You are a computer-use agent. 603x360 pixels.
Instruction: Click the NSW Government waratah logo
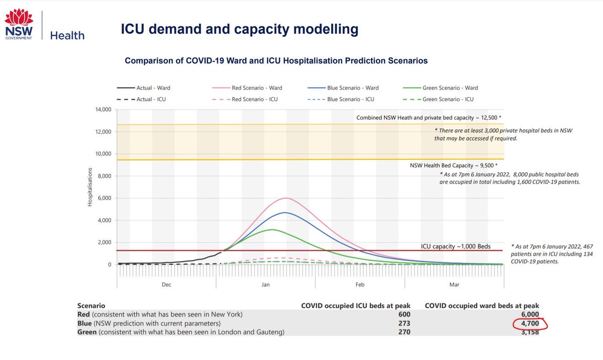19,24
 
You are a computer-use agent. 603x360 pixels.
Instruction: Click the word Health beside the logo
67,36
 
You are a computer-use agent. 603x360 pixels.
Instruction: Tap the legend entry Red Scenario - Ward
247,88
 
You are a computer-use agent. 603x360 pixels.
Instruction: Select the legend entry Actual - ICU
141,99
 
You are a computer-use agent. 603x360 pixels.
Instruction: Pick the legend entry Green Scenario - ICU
438,99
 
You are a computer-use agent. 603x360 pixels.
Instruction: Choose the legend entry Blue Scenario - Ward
343,88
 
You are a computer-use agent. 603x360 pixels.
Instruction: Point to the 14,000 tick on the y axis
103,109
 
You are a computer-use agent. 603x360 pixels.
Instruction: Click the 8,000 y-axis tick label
105,176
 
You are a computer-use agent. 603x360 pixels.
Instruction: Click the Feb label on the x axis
360,285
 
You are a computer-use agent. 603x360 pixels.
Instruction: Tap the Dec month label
166,285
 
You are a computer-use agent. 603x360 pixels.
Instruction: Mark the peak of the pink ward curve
286,198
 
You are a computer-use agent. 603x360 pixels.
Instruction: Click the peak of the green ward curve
272,230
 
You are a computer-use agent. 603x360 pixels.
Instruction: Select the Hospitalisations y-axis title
90,187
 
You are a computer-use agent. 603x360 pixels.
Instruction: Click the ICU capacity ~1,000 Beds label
456,246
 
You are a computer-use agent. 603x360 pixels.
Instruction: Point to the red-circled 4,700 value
530,323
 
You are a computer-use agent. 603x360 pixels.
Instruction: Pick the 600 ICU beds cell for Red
405,314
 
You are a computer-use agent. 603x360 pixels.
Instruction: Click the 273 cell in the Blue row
405,323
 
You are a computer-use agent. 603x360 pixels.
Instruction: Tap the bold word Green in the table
86,332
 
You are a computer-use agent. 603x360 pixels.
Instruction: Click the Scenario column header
91,306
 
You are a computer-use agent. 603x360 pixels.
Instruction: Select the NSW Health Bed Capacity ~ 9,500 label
454,165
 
